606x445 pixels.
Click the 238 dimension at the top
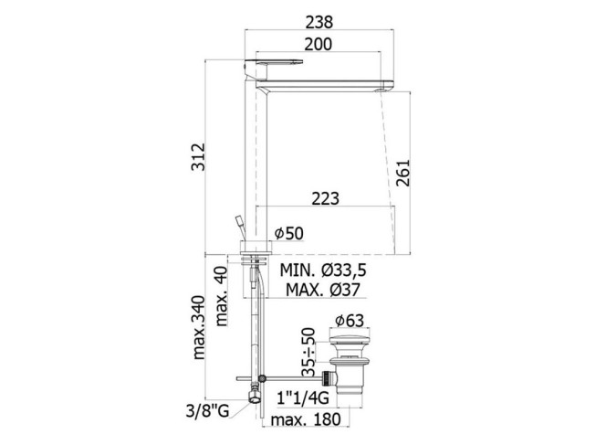[x=319, y=22]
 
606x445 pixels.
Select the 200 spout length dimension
[x=318, y=45]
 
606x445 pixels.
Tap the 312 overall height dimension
[x=199, y=157]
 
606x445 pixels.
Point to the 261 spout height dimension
[x=403, y=173]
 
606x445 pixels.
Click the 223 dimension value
[x=326, y=198]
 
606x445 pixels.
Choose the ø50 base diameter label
[x=289, y=233]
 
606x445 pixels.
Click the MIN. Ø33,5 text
[x=323, y=270]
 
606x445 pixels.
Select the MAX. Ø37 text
[x=323, y=290]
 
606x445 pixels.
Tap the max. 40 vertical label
[x=222, y=296]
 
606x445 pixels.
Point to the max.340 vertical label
[x=199, y=327]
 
